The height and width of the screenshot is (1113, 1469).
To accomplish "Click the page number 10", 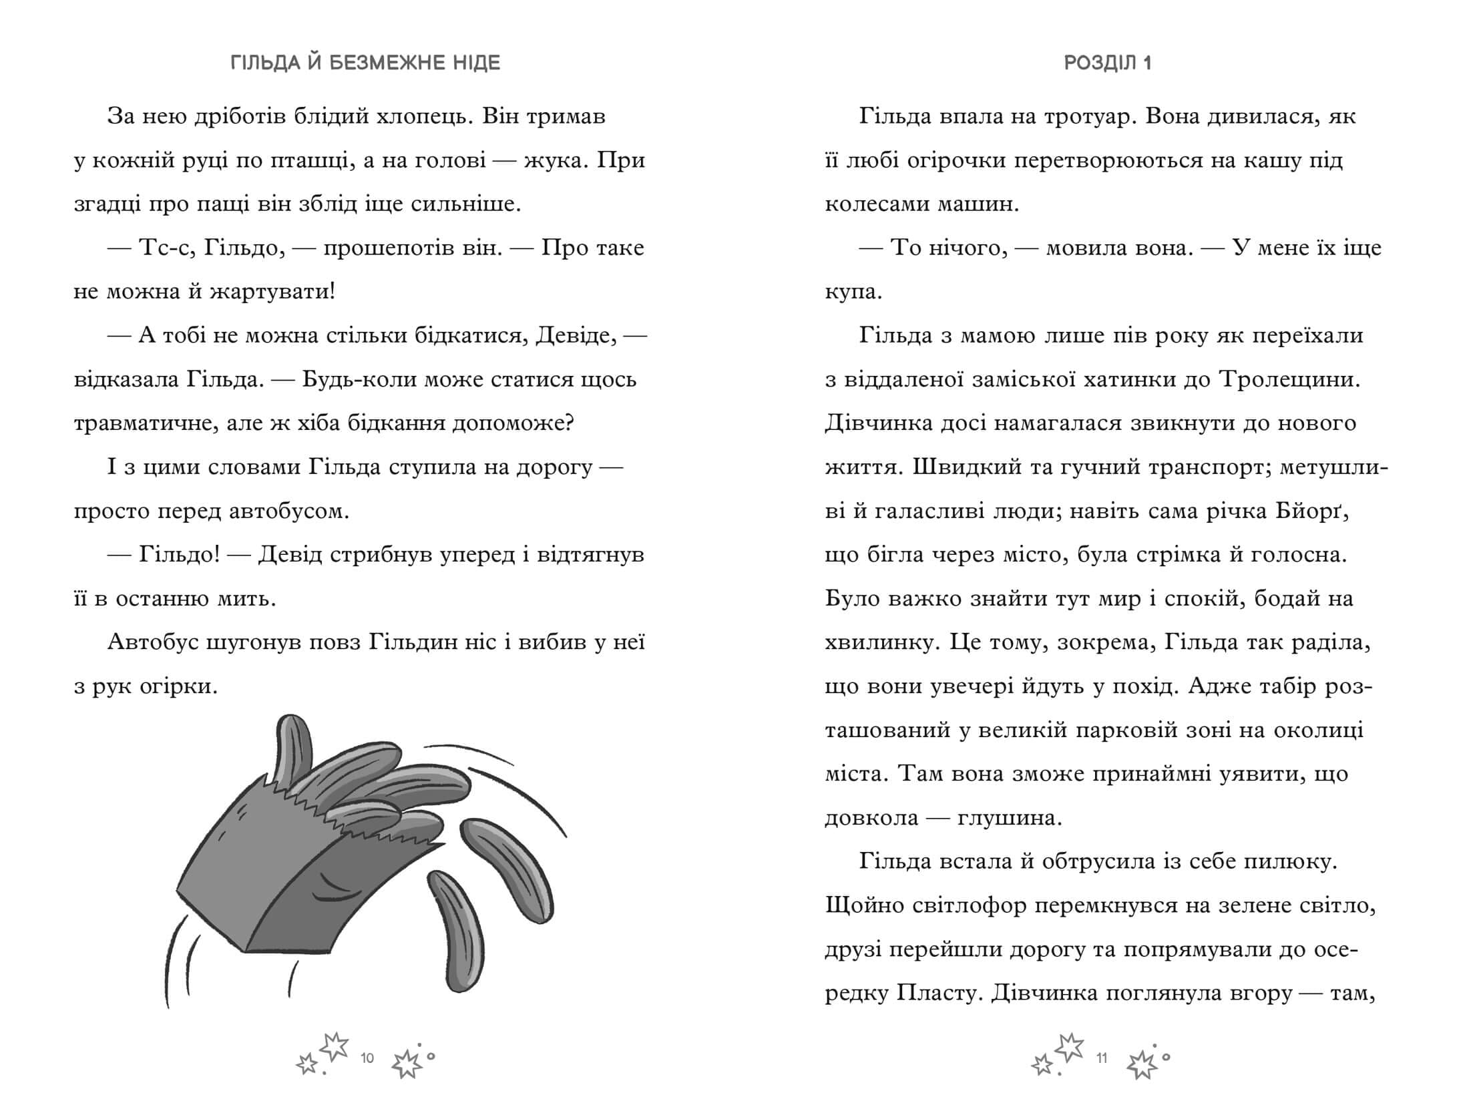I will [367, 1058].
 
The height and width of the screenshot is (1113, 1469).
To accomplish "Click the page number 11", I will [1102, 1058].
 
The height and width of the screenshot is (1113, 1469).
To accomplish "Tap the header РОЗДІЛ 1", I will [1108, 63].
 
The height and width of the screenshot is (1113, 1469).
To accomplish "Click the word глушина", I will [1009, 818].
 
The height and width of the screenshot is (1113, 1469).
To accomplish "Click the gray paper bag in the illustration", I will [267, 881].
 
